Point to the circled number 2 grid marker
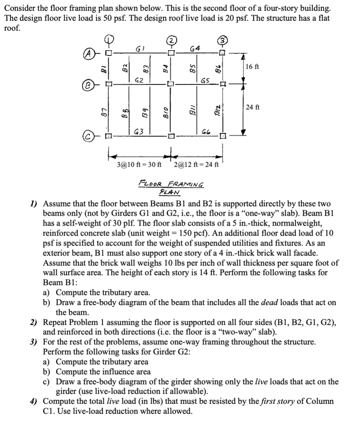(x=171, y=40)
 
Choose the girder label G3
(x=139, y=131)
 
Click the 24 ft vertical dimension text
(x=252, y=107)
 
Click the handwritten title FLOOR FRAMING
(x=171, y=185)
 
